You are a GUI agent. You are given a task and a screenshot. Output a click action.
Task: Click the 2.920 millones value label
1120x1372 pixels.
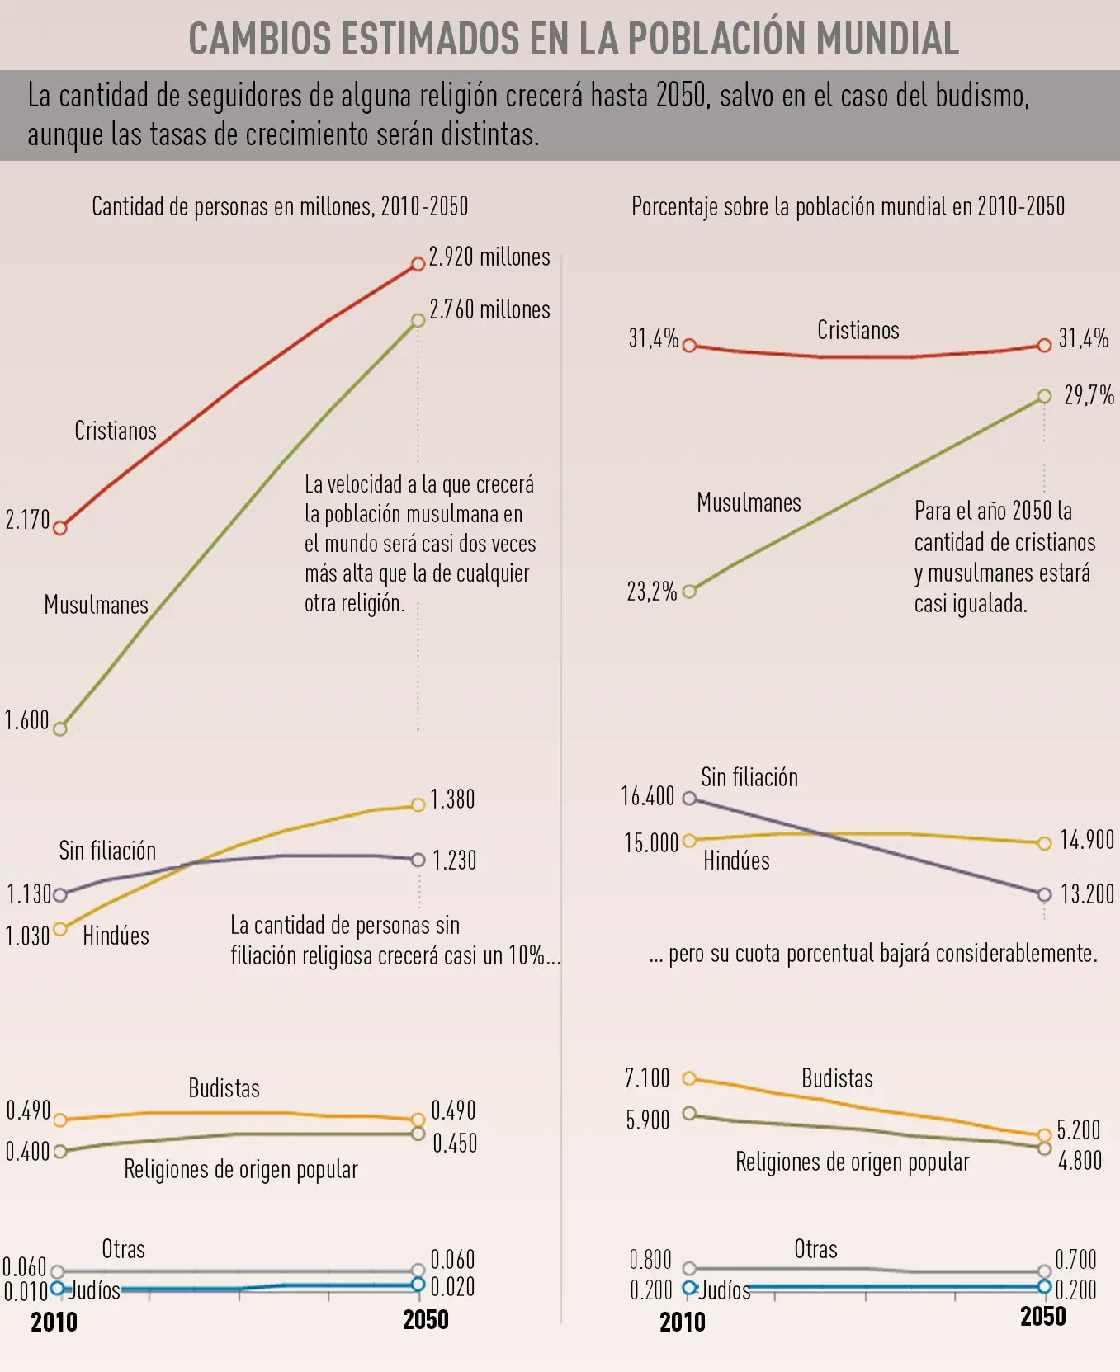[x=489, y=257]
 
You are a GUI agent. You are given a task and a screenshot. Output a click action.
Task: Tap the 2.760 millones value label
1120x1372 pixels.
[x=489, y=309]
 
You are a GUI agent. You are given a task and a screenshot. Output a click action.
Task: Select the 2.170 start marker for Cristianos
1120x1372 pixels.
[x=59, y=528]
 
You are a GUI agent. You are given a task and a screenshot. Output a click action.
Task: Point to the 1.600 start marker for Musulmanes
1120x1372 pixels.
[x=59, y=728]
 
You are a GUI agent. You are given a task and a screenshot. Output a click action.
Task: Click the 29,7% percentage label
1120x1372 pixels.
[x=1089, y=395]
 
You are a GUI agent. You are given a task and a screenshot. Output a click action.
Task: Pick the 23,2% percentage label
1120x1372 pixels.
[x=652, y=592]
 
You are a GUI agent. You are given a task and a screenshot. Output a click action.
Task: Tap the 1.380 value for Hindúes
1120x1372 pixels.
[x=452, y=799]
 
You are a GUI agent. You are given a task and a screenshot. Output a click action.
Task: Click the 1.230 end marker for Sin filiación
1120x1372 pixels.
[x=418, y=860]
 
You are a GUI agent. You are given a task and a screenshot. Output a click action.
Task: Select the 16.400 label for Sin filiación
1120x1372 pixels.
[x=648, y=796]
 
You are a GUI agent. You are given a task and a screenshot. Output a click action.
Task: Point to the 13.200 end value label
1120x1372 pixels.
[x=1087, y=894]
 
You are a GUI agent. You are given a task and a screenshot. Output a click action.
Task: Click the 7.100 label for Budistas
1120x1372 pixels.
[x=647, y=1078]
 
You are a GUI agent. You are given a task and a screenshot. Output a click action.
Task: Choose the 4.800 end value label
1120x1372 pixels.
[x=1080, y=1161]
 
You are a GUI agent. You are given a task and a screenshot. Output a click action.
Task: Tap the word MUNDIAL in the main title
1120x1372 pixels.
[x=887, y=39]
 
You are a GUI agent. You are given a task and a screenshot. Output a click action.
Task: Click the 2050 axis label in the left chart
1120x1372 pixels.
[x=426, y=1320]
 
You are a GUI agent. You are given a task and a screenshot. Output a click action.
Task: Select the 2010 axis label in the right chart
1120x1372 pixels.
[x=683, y=1322]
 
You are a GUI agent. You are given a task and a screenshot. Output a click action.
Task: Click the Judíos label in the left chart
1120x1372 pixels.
[x=94, y=1290]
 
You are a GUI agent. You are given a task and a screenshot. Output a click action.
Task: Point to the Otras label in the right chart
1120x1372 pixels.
[x=815, y=1249]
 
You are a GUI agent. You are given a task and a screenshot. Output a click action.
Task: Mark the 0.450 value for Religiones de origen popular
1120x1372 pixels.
[x=455, y=1143]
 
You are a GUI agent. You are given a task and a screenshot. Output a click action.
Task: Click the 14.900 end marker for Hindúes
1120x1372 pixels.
[x=1044, y=843]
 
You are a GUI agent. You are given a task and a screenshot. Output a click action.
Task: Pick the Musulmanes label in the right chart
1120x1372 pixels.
[x=749, y=502]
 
